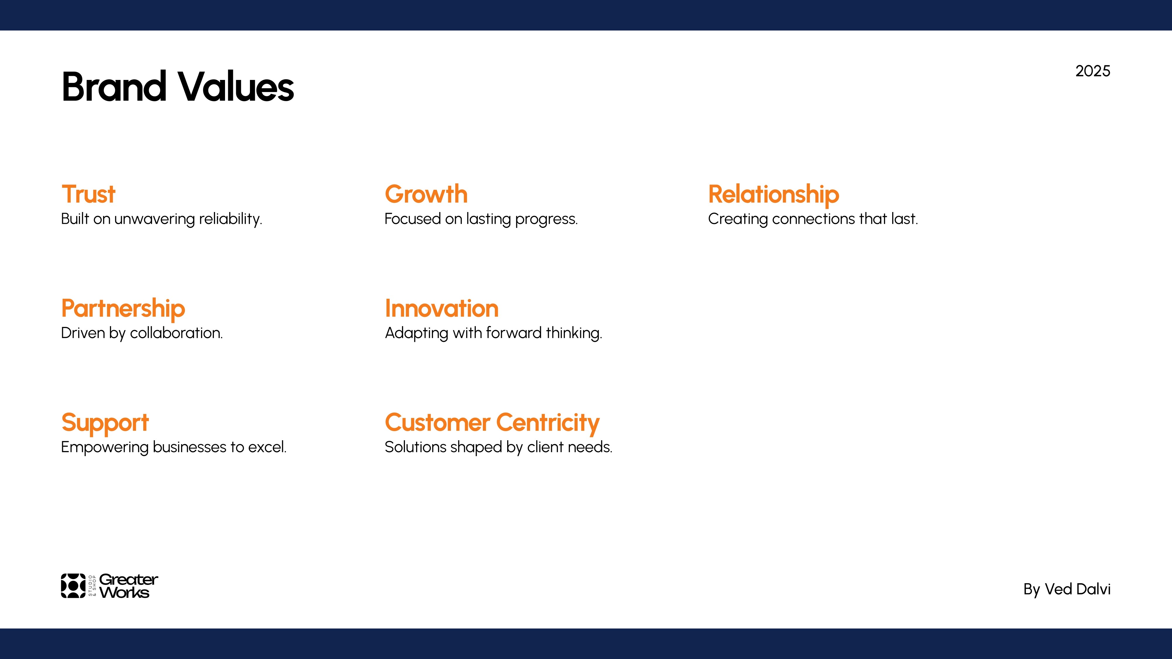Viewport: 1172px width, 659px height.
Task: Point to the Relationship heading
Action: pyautogui.click(x=774, y=195)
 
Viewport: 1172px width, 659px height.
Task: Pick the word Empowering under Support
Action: pyautogui.click(x=105, y=448)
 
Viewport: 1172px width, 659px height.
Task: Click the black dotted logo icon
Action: pyautogui.click(x=73, y=586)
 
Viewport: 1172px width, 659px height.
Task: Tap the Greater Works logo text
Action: pyautogui.click(x=128, y=586)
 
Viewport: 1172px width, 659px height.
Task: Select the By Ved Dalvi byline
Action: pyautogui.click(x=1067, y=589)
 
